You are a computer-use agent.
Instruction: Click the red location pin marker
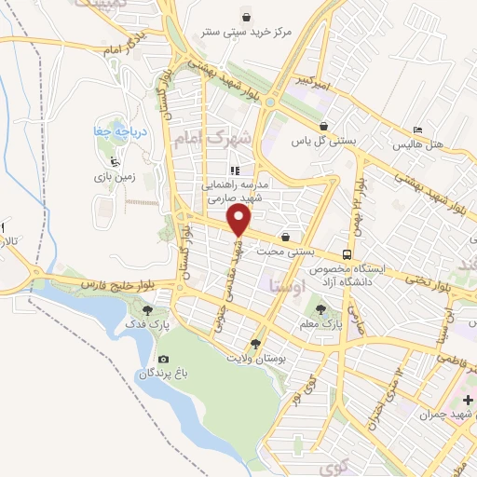pos(240,219)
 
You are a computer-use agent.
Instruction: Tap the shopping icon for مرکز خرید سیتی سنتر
pos(245,17)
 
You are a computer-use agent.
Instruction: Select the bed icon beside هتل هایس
pos(418,129)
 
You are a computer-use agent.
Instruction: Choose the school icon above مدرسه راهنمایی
pos(235,171)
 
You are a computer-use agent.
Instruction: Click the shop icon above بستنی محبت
pos(298,237)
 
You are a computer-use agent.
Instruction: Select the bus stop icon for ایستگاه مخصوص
pos(347,254)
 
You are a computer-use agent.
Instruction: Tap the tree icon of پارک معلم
pos(321,307)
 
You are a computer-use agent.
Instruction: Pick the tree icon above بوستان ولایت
pos(255,343)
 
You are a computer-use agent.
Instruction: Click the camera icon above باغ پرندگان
pos(164,360)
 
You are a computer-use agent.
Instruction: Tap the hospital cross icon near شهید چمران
pos(467,401)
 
